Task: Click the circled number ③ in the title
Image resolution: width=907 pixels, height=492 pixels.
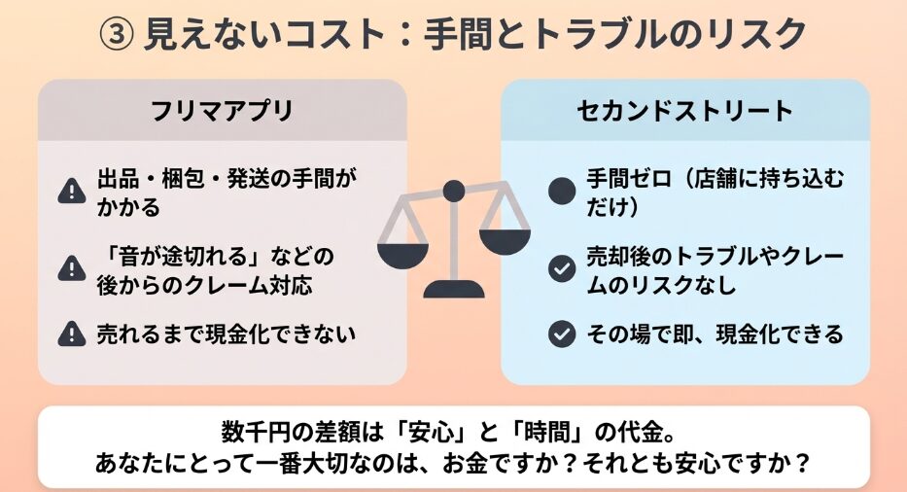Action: [x=117, y=35]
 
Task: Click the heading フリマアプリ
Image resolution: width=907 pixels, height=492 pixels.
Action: [x=222, y=111]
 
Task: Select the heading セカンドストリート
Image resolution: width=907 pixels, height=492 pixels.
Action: [x=685, y=111]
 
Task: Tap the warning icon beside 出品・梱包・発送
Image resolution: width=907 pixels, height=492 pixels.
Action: [x=72, y=191]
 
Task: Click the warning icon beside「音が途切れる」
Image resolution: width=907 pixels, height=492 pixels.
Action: [x=72, y=268]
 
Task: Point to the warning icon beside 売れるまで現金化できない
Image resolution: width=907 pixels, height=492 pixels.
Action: [x=72, y=334]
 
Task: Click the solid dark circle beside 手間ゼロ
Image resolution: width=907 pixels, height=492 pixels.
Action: [x=562, y=191]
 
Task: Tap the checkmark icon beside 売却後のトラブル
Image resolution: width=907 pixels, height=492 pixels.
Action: [x=562, y=268]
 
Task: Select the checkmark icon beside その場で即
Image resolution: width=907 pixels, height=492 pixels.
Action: [x=562, y=334]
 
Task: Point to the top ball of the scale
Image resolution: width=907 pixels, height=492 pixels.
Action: [x=453, y=191]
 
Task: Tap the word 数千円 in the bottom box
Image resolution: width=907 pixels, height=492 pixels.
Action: [x=255, y=432]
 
